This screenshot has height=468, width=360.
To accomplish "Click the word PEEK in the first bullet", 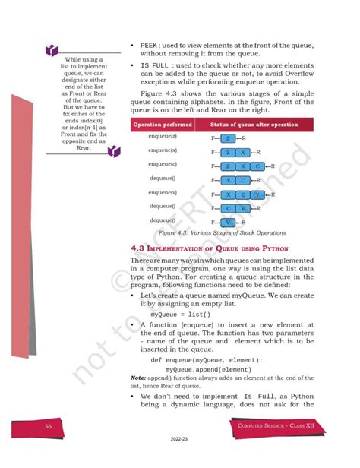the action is [150, 47].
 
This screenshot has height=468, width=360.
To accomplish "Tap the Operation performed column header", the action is [163, 124].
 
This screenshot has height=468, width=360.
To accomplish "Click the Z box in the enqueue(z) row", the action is [227, 138].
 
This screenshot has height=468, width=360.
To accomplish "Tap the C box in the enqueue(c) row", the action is [259, 166].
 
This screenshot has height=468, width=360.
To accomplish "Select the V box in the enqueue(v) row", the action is [259, 194].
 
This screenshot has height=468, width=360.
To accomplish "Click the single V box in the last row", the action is [227, 221].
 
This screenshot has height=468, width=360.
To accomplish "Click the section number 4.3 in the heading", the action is [137, 248].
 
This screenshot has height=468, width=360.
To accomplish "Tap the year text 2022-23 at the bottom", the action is [180, 459].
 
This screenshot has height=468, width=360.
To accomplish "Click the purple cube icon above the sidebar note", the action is [50, 50].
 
